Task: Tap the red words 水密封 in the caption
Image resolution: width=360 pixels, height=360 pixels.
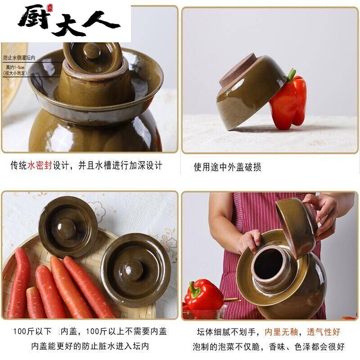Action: click(40, 166)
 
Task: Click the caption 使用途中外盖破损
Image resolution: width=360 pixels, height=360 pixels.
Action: click(227, 167)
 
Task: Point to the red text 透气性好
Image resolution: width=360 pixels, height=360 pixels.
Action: click(324, 333)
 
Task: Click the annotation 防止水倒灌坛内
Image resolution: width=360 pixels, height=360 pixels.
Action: click(19, 58)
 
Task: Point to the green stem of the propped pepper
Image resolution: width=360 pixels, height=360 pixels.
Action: click(292, 75)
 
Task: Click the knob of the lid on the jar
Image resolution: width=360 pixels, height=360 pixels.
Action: click(92, 50)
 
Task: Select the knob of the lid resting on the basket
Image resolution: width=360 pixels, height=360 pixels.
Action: click(66, 228)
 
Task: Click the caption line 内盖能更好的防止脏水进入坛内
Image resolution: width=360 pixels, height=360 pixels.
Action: click(90, 346)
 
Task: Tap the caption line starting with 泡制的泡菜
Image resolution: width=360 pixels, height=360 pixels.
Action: click(269, 346)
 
